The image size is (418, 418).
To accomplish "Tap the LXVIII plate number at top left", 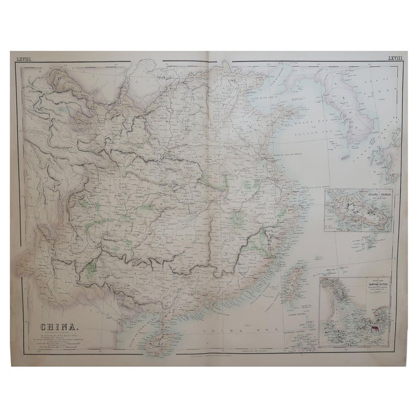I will [x=25, y=57].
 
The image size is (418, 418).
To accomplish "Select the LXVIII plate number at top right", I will [x=394, y=57].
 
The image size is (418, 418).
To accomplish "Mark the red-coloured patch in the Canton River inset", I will [x=376, y=330].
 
